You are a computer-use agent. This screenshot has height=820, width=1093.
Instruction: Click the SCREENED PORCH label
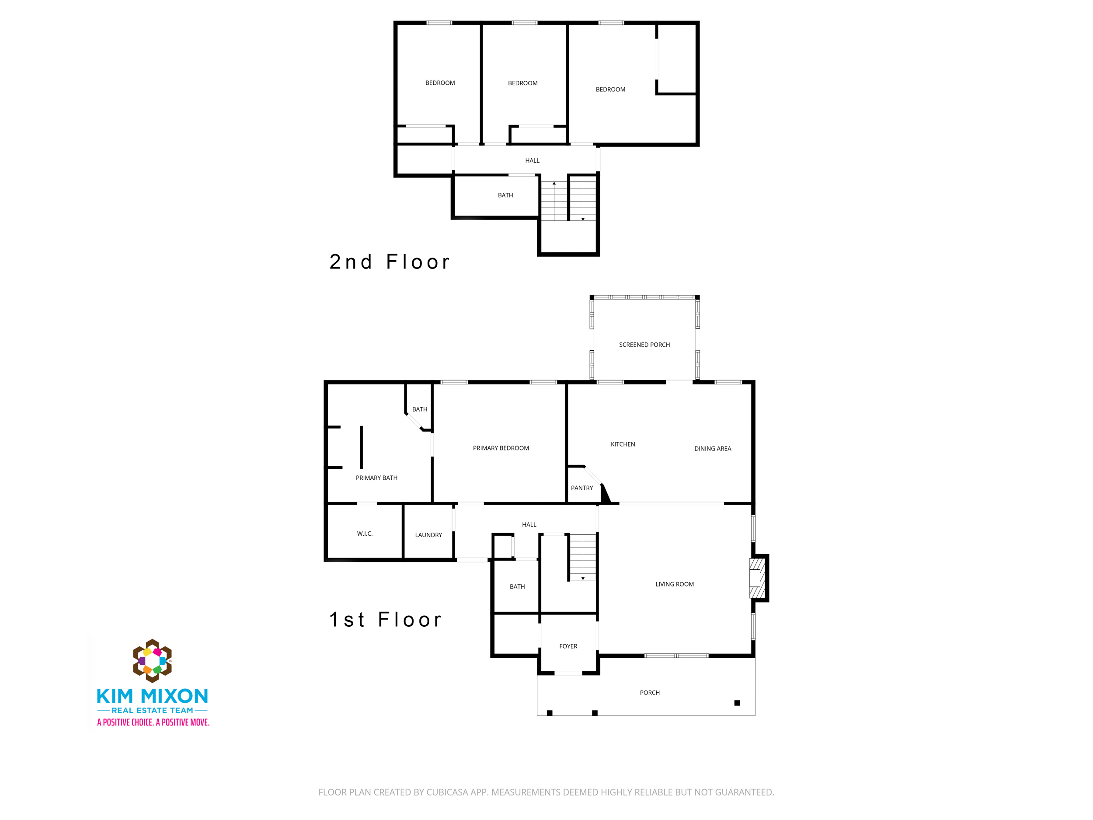point(644,345)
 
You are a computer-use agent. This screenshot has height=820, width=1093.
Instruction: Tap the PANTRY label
point(581,488)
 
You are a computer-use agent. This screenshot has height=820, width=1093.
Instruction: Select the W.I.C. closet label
point(365,533)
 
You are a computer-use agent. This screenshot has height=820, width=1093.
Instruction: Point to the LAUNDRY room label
point(428,535)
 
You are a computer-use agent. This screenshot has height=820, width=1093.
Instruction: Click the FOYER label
point(568,646)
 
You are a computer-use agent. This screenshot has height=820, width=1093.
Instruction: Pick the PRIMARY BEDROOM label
point(501,448)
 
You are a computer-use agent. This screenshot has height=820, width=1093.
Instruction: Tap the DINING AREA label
point(713,448)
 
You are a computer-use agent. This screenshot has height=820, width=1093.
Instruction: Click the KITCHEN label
point(623,444)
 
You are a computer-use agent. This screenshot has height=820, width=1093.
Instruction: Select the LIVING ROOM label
point(675,584)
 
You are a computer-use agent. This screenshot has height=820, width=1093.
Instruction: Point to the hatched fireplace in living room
point(757,578)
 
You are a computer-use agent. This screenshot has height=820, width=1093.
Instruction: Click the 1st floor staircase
point(583,557)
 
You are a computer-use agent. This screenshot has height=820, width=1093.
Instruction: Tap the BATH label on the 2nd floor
point(505,195)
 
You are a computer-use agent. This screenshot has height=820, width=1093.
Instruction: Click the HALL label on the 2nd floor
point(532,160)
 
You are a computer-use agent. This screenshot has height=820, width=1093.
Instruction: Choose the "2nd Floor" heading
point(390,262)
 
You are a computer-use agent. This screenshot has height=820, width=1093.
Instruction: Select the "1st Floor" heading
point(386,619)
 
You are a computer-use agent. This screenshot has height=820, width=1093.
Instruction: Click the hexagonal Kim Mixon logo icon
point(152,660)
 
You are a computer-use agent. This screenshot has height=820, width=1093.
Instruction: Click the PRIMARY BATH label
point(376,478)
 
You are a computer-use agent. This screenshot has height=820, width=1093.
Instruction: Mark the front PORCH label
point(650,692)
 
